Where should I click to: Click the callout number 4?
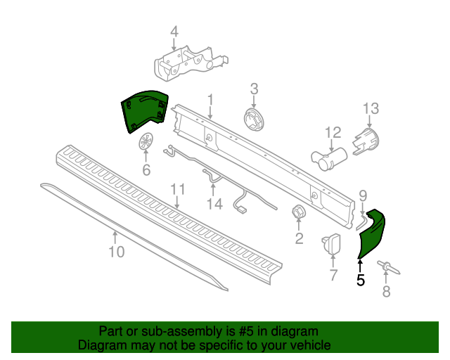tap(174, 32)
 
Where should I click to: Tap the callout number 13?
tap(371, 109)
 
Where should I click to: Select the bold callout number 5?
tap(361, 280)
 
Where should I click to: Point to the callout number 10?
tap(117, 252)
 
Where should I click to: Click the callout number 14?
tap(214, 204)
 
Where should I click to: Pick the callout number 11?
tap(178, 189)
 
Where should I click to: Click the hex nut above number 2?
tap(298, 212)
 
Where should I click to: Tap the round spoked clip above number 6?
tap(146, 141)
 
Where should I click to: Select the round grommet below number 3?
tap(255, 119)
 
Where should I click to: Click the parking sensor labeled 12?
tap(329, 160)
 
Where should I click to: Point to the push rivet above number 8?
tap(389, 268)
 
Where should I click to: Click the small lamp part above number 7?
tap(332, 244)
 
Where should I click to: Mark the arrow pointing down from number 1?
tap(210, 112)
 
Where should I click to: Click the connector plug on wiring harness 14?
tap(241, 210)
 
